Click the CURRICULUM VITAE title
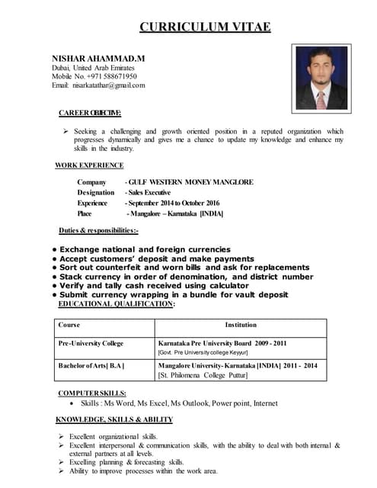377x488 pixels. point(205,28)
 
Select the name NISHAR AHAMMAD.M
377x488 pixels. point(97,58)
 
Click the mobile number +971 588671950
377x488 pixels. point(107,76)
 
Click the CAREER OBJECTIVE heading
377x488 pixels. point(90,113)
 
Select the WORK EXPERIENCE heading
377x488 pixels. point(89,165)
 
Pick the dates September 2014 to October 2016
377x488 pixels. point(172,203)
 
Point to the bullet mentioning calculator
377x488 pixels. point(169,286)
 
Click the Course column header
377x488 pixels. point(69,325)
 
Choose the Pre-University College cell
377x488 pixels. point(91,343)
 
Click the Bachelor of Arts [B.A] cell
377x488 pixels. point(91,365)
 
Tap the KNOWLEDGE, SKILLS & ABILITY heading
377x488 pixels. point(115,419)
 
